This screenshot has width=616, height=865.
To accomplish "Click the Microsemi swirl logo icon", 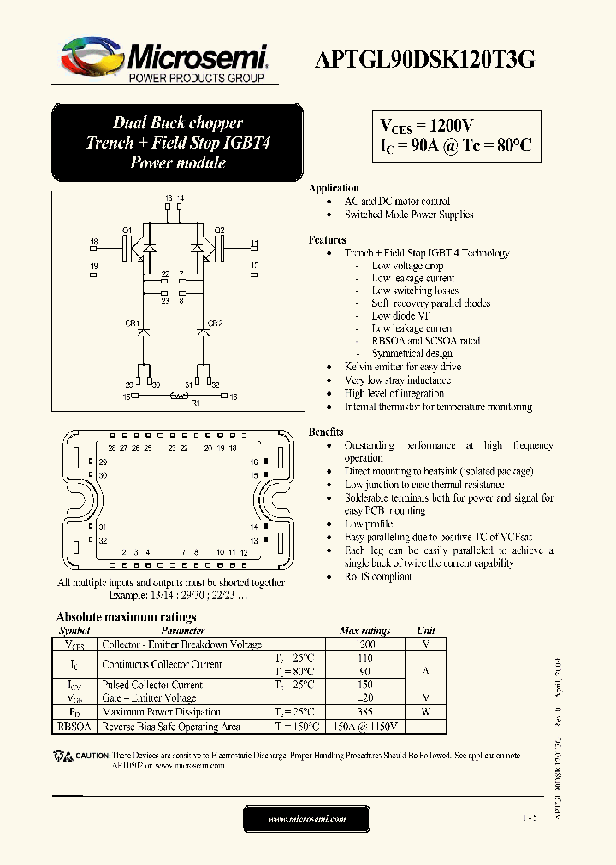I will [89, 57].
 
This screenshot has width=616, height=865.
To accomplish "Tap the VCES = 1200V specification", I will [428, 127].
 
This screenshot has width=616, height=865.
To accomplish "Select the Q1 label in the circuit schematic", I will [127, 231].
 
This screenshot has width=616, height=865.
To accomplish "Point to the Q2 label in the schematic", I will [219, 231].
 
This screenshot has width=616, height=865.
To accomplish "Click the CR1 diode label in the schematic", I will [132, 323].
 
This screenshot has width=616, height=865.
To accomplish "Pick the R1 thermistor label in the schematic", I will [195, 403].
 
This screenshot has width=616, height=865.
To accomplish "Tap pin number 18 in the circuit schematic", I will [94, 243].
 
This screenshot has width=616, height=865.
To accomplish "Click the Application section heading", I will [334, 188].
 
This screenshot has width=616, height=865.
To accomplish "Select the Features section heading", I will [328, 240].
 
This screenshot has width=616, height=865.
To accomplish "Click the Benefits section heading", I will [326, 432].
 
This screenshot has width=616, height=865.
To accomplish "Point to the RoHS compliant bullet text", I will [378, 577].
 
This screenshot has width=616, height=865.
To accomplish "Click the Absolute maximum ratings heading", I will [126, 617].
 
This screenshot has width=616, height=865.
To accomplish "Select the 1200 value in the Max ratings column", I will [364, 644].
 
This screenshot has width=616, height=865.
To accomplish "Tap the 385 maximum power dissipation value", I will [364, 712].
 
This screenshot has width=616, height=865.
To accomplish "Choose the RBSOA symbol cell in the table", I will [74, 727].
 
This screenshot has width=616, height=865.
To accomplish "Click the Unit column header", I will [425, 631].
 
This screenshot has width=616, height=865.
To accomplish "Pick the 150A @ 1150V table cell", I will [365, 727].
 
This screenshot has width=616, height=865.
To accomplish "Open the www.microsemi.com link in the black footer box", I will [307, 820].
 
